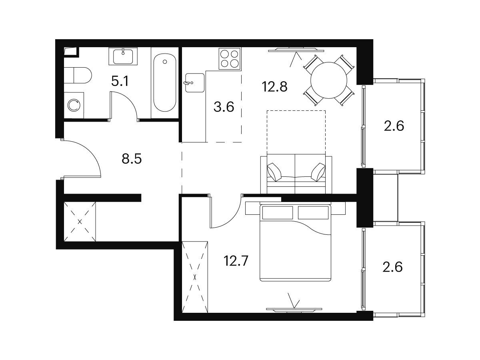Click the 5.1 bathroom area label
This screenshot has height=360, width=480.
click(x=120, y=81)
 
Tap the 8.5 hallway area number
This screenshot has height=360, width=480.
click(x=132, y=159)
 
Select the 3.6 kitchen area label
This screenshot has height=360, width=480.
click(x=224, y=107)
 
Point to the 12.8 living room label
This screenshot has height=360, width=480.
click(x=275, y=86)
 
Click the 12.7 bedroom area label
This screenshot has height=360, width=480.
click(x=236, y=261)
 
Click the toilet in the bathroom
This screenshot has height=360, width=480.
click(x=78, y=75)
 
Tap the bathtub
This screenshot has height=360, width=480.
click(x=165, y=83)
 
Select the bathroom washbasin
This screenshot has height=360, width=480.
click(x=123, y=56)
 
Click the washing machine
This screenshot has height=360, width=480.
click(x=74, y=105)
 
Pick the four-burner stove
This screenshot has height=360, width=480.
click(x=230, y=58)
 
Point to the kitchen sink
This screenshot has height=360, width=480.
click(x=195, y=83)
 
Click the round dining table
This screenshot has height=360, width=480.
click(x=329, y=80)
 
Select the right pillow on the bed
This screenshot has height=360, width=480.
click(x=313, y=212)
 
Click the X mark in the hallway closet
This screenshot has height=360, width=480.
click(x=80, y=222)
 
